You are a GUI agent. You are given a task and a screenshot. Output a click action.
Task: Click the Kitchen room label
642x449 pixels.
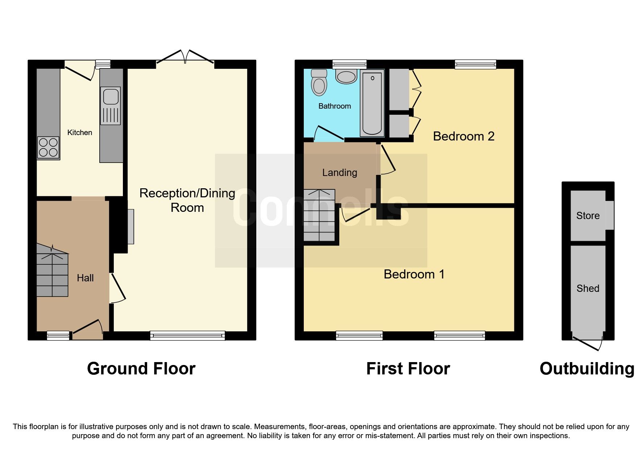pos(79,133)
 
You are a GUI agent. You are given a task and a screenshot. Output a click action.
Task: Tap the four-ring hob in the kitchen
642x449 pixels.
pos(48,147)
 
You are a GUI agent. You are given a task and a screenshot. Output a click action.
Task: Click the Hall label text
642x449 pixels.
pos(85,278)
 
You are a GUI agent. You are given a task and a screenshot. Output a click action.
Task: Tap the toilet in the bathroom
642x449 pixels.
pos(319,83)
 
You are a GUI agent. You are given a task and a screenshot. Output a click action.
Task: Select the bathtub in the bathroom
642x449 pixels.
pos(372,103)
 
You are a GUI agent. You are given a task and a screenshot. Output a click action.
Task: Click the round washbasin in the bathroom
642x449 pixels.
pos(346,77)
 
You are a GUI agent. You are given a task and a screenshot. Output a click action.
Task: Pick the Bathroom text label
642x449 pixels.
pos(334,106)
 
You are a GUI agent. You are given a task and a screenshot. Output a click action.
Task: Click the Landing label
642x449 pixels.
pos(339,173)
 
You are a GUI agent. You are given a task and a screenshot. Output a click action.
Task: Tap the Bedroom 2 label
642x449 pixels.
pos(463,137)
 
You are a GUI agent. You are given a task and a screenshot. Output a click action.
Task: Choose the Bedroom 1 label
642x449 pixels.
pos(414,274)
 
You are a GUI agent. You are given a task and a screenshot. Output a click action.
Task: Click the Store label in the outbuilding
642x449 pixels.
pos(588,216)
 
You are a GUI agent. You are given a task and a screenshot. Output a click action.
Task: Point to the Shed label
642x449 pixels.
pos(588,289)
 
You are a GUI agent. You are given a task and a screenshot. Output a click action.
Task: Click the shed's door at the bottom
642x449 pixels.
pos(587,343)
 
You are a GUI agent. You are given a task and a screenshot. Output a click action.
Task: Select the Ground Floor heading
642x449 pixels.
pos(141,369)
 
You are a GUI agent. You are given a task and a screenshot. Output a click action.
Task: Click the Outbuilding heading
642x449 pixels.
pos(587,369)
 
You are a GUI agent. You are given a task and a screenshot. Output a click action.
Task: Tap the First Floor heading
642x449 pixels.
pos(408,369)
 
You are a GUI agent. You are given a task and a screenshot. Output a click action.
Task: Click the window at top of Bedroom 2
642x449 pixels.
pos(475,65)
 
